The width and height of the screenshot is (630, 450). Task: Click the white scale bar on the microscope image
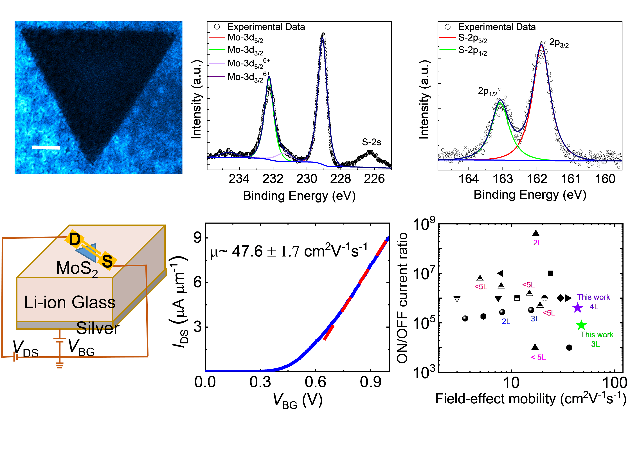click(46, 147)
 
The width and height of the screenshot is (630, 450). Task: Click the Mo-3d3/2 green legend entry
click(245, 50)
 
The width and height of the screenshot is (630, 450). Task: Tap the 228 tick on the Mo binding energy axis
click(341, 179)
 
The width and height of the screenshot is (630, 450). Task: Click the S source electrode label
click(107, 261)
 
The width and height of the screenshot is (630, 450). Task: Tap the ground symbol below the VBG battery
click(59, 365)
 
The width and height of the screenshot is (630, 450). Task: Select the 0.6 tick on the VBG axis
click(315, 382)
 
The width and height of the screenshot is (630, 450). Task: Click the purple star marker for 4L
click(577, 308)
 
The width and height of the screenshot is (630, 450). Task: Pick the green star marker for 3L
click(581, 325)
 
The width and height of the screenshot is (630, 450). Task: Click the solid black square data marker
click(550, 273)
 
